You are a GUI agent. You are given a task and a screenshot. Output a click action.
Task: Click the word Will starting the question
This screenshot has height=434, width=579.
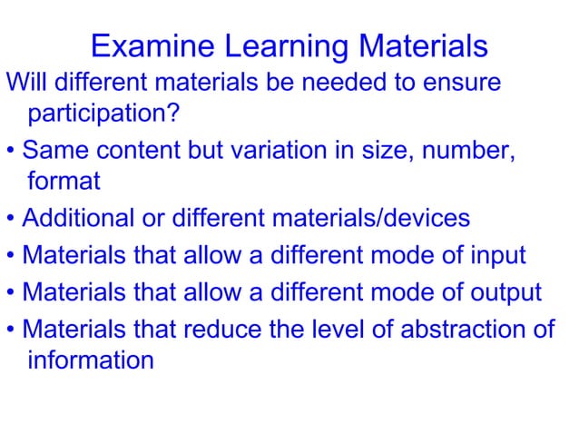(x=25, y=83)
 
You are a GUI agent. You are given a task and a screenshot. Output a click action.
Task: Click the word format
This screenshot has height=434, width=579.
(x=64, y=182)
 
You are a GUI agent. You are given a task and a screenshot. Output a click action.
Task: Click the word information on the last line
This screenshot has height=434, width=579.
(x=91, y=360)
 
